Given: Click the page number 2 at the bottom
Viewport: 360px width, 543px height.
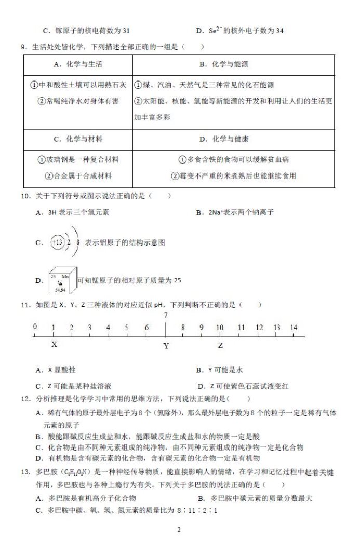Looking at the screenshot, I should [x=179, y=530].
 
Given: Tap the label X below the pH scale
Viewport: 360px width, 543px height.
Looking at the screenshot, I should [x=54, y=344].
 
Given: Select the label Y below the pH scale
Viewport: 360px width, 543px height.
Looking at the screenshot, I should [x=166, y=346].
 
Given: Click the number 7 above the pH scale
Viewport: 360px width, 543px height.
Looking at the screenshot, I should [x=166, y=315].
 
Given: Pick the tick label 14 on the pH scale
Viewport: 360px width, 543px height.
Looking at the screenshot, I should [x=294, y=328].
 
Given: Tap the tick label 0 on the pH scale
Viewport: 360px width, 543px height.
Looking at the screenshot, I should [x=35, y=327].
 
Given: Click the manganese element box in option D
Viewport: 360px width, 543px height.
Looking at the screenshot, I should [x=62, y=281].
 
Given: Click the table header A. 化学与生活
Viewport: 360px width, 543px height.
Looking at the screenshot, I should [x=78, y=64].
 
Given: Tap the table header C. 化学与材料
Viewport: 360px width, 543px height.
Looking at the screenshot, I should [x=78, y=139].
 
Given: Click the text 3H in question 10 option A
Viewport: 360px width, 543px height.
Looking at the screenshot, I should [x=52, y=212].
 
